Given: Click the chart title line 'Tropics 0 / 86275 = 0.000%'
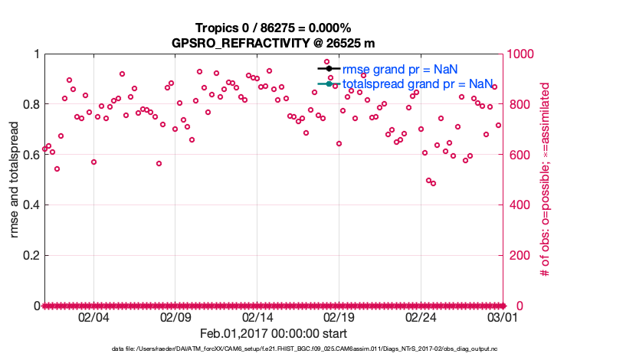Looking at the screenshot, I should (273, 28).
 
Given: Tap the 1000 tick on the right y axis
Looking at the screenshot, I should (520, 54).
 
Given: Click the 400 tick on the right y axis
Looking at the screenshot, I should (517, 205).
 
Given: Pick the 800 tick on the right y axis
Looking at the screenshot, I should (517, 104).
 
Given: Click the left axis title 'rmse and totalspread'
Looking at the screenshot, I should (15, 180).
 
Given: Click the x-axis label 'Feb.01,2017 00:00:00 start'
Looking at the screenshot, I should (273, 333).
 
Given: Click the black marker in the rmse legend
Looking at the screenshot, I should (329, 68).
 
